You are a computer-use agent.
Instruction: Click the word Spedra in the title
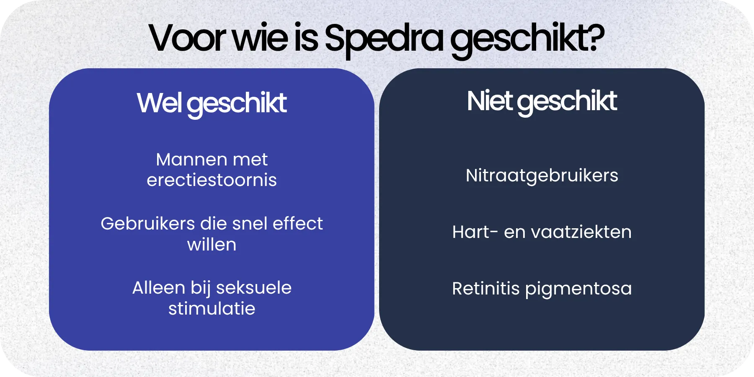point(383,39)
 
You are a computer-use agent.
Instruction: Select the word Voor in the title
point(187,39)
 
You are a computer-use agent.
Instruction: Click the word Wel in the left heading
point(159,103)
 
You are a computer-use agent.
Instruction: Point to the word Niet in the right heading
point(490,101)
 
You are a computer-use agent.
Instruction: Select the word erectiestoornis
point(212,181)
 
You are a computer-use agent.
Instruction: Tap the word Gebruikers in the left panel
point(147,224)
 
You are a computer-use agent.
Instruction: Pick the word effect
point(298,224)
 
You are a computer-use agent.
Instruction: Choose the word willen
point(212,245)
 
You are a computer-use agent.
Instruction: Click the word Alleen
point(158,288)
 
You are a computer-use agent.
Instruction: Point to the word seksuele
point(254,288)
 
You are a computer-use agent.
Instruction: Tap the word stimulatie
point(212,309)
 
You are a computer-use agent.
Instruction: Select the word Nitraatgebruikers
point(542,176)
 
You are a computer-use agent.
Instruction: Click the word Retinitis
point(485,289)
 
